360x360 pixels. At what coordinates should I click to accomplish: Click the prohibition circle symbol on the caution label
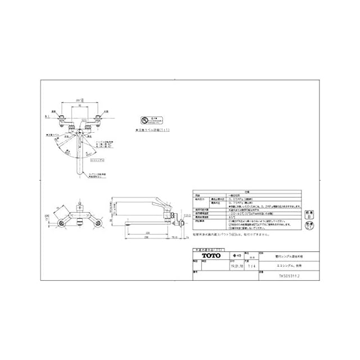(x=145, y=120)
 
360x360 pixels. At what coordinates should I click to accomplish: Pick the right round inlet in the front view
(x=100, y=224)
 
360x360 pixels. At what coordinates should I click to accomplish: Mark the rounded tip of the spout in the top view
(x=79, y=174)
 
